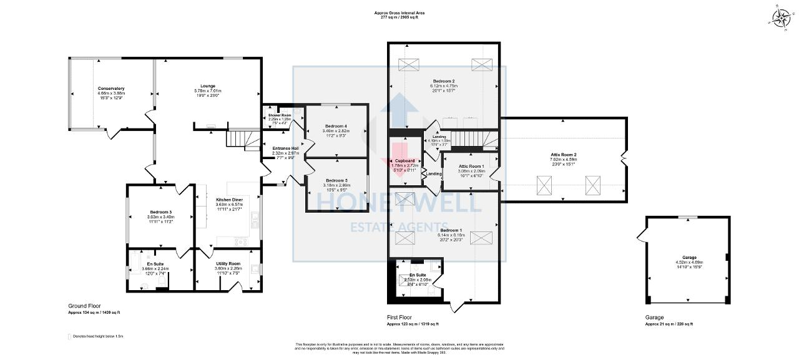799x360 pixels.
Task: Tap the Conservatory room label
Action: pyautogui.click(x=111, y=89)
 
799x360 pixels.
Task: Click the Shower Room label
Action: pyautogui.click(x=280, y=115)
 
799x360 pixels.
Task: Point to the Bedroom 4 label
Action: pyautogui.click(x=336, y=127)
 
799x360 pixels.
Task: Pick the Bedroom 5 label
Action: pyautogui.click(x=336, y=181)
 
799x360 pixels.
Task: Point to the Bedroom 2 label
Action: pyautogui.click(x=444, y=82)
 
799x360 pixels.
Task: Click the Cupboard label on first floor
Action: pyautogui.click(x=404, y=161)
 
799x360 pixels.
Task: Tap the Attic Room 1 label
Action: pyautogui.click(x=471, y=166)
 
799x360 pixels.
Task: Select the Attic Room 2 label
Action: pyautogui.click(x=563, y=155)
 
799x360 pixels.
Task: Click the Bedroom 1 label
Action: pyautogui.click(x=444, y=230)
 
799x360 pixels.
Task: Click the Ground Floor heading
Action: pyautogui.click(x=84, y=306)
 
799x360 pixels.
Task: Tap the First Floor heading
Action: pyautogui.click(x=399, y=318)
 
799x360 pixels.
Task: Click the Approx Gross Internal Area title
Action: pyautogui.click(x=399, y=12)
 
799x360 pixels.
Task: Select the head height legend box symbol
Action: pyautogui.click(x=69, y=336)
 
